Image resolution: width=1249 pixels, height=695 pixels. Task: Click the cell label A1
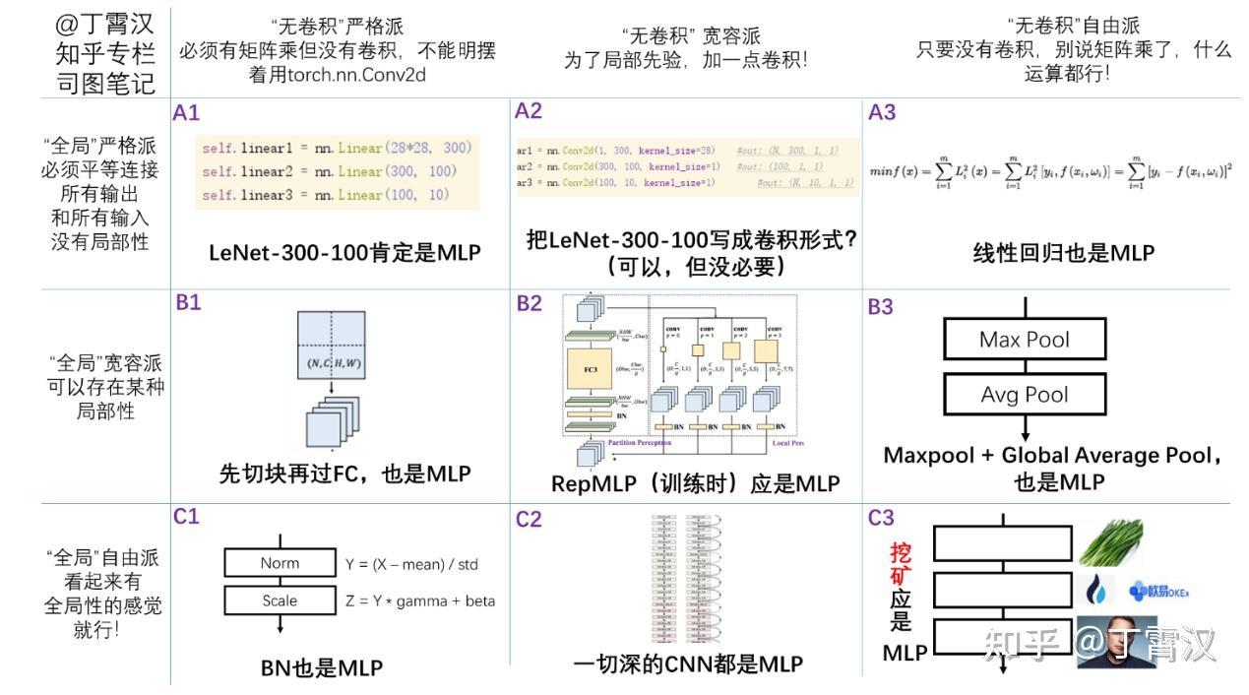186,112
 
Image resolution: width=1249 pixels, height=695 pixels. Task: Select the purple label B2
530,303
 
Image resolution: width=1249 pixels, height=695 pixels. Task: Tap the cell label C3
881,517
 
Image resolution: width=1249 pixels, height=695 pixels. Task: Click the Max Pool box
1024,340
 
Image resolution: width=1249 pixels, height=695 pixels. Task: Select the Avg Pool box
1024,395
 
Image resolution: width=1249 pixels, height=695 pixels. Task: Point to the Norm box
280,563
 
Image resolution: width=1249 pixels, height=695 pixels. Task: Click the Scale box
280,600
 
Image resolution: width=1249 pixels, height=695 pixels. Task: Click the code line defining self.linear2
330,171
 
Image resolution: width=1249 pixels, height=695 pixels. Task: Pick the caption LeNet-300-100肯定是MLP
344,253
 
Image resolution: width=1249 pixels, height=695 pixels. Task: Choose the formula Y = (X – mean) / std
411,564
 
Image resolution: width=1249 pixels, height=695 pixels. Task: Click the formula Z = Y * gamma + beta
420,600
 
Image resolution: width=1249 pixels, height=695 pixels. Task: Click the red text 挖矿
901,562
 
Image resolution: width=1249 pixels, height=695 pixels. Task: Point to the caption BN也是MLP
321,668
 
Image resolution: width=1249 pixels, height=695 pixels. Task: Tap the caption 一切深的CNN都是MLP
687,663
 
